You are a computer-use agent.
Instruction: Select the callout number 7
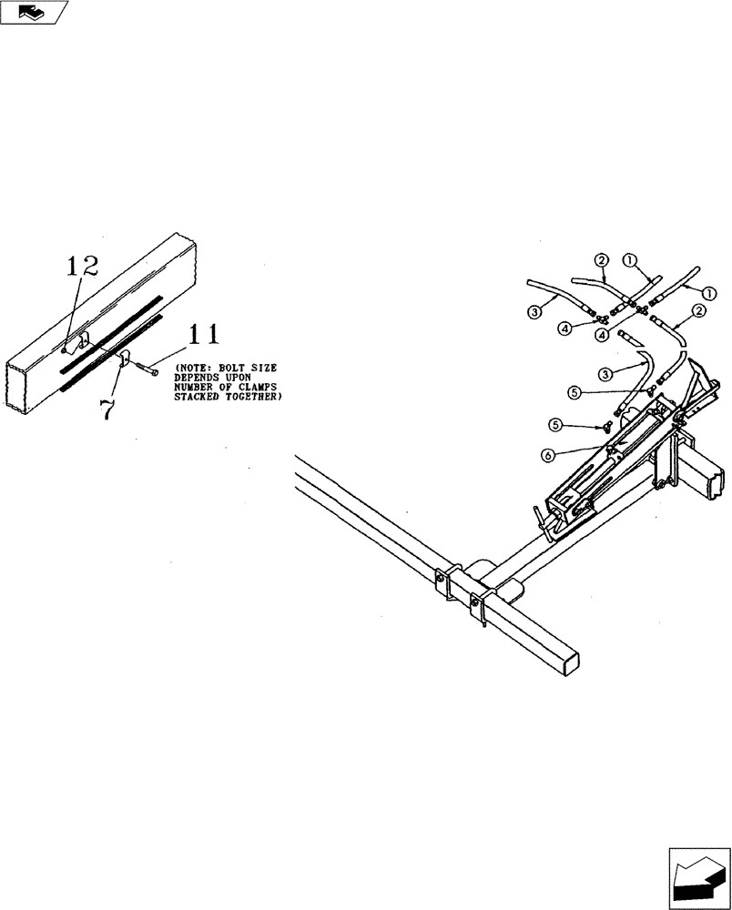[107, 408]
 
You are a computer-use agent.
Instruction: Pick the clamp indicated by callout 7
[127, 359]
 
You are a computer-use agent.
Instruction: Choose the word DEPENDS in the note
[198, 378]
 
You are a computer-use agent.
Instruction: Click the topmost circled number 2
[601, 261]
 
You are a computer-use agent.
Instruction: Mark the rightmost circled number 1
[710, 292]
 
